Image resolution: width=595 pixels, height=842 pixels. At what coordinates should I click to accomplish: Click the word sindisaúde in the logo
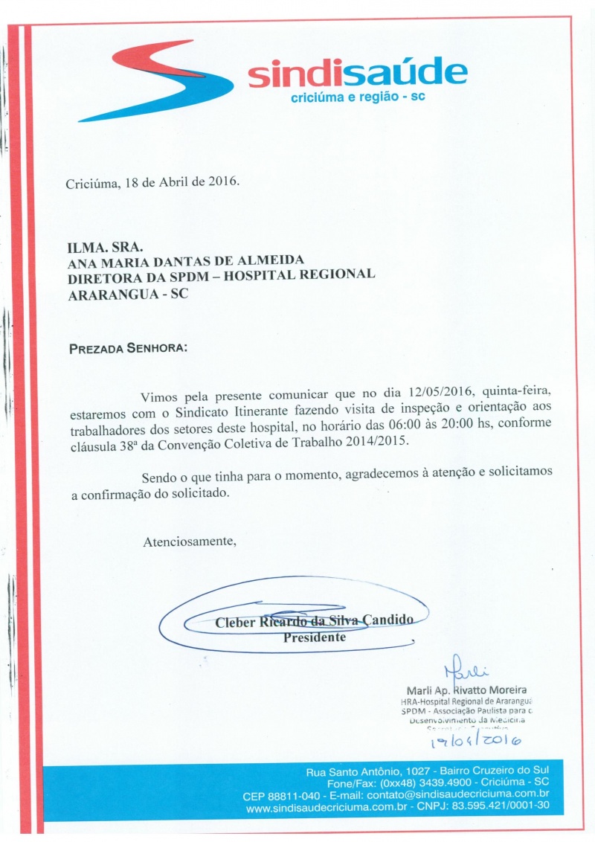click(357, 74)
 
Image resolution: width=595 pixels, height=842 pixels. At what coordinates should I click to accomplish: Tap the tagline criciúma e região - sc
click(357, 97)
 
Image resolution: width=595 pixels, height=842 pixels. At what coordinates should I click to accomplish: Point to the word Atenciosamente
click(190, 541)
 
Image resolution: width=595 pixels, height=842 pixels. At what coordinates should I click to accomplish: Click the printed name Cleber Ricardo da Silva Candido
click(313, 623)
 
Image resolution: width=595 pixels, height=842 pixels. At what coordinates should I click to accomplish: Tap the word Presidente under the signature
click(315, 637)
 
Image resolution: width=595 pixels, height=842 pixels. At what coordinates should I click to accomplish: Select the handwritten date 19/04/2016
click(476, 739)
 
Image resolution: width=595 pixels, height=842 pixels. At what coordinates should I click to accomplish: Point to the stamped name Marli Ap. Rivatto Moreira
click(466, 690)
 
